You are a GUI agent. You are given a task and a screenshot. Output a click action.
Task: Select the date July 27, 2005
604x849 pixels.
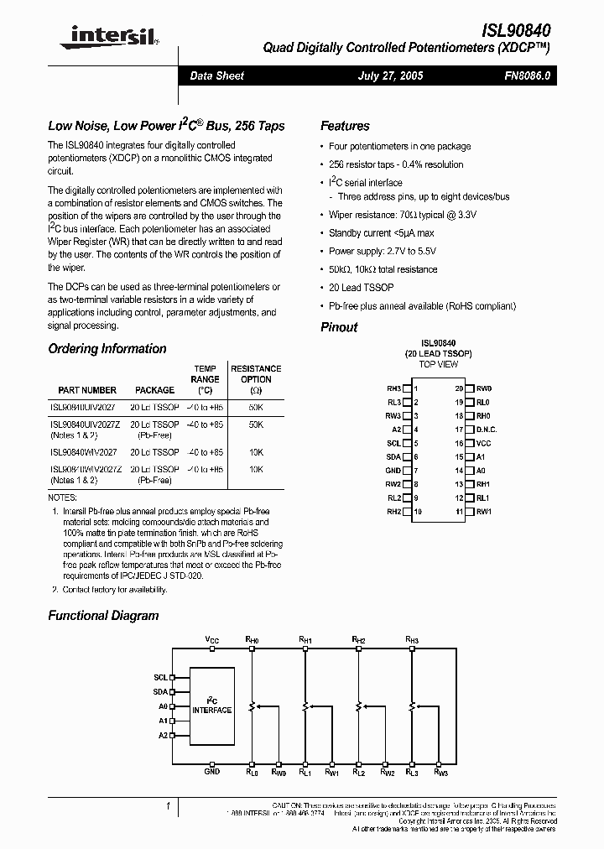(390, 76)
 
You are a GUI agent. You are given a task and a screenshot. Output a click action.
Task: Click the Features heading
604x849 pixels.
(345, 126)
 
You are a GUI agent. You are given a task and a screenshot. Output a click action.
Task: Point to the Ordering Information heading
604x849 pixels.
(107, 349)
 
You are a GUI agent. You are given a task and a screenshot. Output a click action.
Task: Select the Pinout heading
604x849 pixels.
(339, 327)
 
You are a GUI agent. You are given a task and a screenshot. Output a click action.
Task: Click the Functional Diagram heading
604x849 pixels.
(103, 616)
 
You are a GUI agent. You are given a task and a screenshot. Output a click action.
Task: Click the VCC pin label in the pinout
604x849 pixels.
(484, 442)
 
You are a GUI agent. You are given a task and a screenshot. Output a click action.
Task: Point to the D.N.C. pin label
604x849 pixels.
(487, 430)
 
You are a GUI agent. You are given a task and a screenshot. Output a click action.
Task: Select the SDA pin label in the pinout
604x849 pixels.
(393, 456)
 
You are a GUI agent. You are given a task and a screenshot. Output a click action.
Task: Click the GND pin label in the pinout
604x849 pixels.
(393, 470)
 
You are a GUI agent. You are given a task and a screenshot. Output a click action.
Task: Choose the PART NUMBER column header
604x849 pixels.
(87, 390)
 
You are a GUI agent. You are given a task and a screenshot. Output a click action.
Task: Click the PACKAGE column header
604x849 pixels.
(155, 390)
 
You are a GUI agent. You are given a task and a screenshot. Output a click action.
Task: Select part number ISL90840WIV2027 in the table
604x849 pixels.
(83, 452)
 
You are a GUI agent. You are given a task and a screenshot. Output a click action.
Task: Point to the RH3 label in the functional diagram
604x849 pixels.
(412, 639)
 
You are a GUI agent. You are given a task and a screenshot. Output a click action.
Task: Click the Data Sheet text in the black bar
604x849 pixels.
(216, 76)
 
